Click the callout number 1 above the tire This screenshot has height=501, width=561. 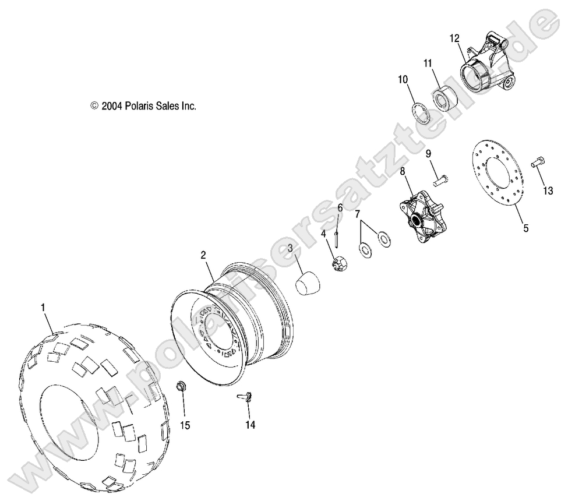coord(43,306)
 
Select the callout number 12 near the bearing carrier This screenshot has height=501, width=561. coord(454,38)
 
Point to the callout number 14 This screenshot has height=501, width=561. coord(250,425)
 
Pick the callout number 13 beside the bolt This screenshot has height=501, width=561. coord(548,191)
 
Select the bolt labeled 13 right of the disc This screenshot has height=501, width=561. coord(537,164)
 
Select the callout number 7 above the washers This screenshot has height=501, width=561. coord(358,214)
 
